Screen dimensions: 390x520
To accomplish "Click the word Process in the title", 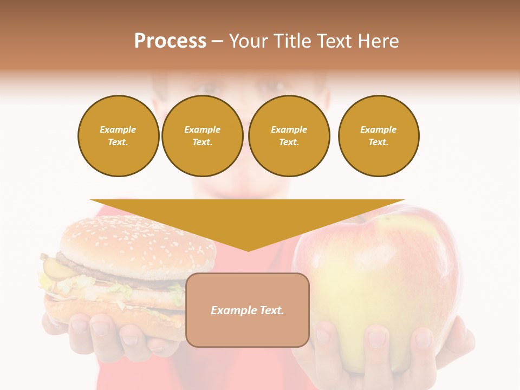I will pyautogui.click(x=170, y=41).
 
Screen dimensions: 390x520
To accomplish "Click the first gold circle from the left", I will pyautogui.click(x=119, y=136).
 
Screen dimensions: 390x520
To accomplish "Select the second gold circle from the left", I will pyautogui.click(x=203, y=136).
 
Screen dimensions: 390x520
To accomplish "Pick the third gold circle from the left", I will pyautogui.click(x=289, y=136).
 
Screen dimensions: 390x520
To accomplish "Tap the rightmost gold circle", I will pyautogui.click(x=379, y=136).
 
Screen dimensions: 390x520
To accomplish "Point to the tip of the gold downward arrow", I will pyautogui.click(x=248, y=250).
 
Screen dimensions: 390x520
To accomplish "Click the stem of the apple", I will pyautogui.click(x=357, y=218).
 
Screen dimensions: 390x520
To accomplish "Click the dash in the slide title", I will pyautogui.click(x=218, y=41).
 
